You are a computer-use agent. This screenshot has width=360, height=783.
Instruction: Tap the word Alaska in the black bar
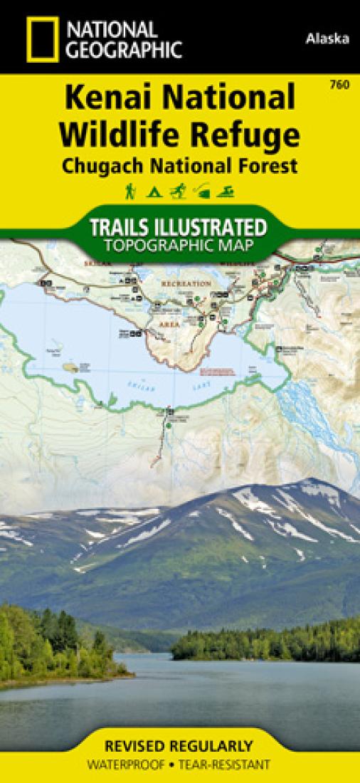coord(328,39)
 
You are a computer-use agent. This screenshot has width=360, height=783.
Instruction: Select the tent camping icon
coord(152,191)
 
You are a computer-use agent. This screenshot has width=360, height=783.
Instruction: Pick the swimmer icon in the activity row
coord(228,191)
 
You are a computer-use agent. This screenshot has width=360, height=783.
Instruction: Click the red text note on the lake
coord(216,372)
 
